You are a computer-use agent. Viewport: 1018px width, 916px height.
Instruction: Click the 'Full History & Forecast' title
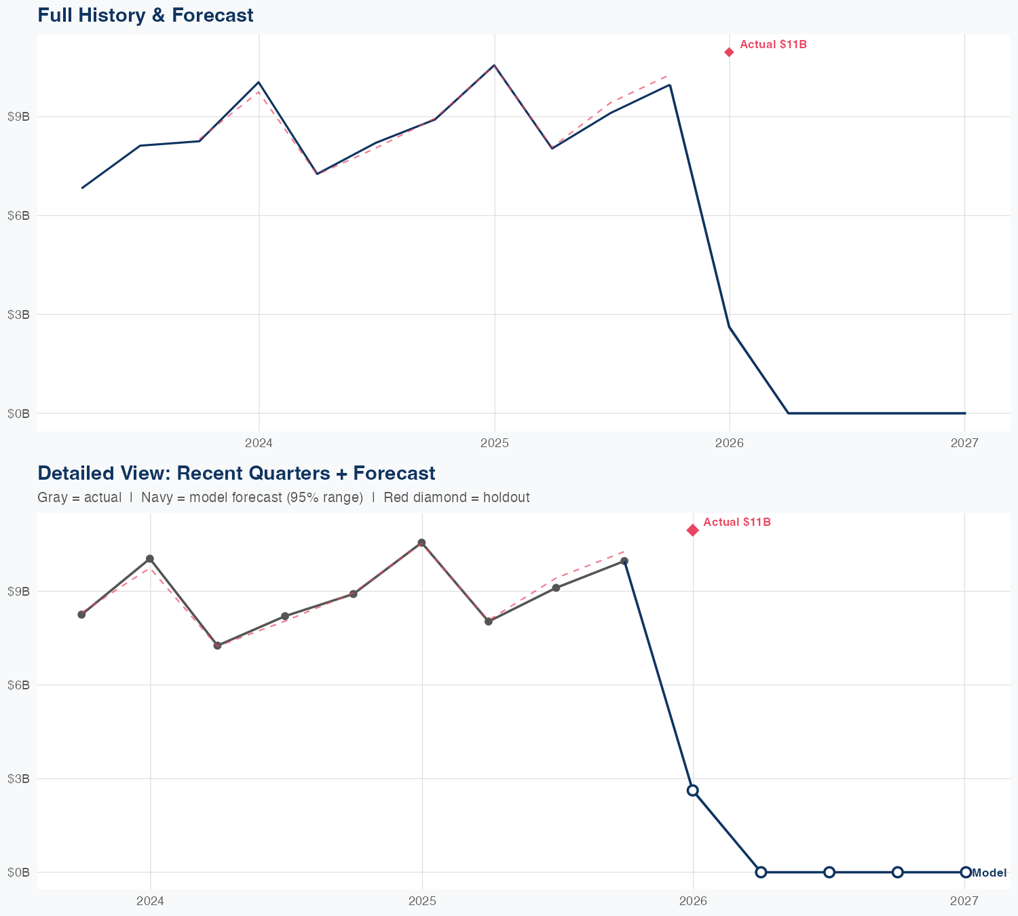[145, 15]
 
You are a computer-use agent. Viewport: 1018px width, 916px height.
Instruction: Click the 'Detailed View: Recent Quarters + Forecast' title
[236, 473]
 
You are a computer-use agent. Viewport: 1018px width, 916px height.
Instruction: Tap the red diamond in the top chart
[729, 52]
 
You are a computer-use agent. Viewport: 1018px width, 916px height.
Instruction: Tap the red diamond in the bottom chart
[692, 530]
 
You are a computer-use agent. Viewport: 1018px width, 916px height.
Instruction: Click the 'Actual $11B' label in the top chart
[773, 45]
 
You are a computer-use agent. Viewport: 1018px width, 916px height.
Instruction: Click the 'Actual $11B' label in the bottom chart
[737, 522]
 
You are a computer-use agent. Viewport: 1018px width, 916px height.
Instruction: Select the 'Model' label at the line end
[989, 873]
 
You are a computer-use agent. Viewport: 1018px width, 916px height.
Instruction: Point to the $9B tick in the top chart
[18, 117]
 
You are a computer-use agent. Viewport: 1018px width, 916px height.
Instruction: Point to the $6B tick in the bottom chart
[18, 685]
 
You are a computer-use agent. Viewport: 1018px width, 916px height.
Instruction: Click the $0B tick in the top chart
[18, 413]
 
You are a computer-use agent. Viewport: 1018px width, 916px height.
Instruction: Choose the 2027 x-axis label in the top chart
[964, 443]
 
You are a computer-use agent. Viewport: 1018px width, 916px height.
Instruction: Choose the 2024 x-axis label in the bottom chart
[150, 900]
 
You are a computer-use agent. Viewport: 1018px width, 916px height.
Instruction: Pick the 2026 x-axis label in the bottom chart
[693, 900]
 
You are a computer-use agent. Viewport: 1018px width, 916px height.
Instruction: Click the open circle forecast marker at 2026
[692, 790]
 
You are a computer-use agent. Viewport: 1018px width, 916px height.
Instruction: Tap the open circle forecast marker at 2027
[965, 872]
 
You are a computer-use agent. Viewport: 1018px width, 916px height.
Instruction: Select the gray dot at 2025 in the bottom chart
[421, 543]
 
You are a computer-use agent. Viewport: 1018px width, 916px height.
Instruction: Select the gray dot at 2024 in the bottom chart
[150, 558]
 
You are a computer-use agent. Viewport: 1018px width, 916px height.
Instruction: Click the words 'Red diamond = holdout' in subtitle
[456, 497]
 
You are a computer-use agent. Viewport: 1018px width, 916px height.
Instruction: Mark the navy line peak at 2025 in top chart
[494, 65]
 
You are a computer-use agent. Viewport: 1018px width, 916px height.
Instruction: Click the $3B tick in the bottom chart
[18, 778]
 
